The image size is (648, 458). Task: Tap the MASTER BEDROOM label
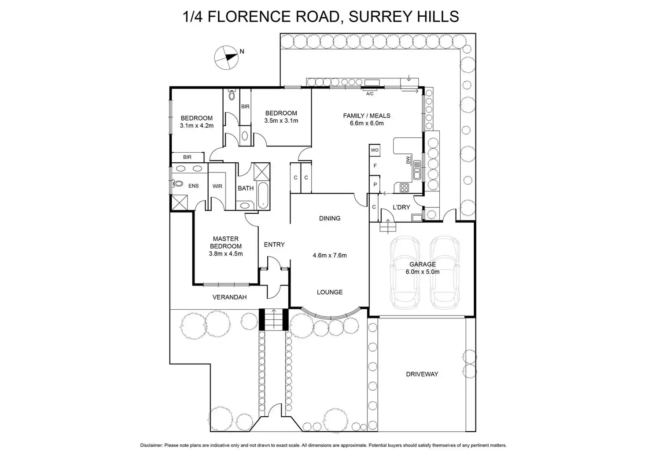click(225, 242)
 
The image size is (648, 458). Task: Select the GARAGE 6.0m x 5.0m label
click(423, 268)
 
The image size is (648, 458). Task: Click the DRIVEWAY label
click(422, 374)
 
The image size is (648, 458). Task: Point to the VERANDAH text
click(229, 297)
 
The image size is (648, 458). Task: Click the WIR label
click(217, 187)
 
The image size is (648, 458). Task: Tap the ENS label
click(194, 186)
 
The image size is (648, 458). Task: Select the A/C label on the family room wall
click(370, 94)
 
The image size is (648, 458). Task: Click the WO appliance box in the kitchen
click(375, 150)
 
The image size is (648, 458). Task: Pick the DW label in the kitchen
click(408, 161)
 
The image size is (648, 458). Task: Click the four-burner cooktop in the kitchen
click(404, 188)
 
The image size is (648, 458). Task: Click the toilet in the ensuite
click(178, 184)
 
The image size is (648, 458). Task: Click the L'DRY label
click(401, 207)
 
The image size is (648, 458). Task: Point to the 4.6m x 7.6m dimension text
click(330, 255)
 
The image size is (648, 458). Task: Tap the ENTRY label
click(274, 245)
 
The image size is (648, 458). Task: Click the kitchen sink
click(417, 170)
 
